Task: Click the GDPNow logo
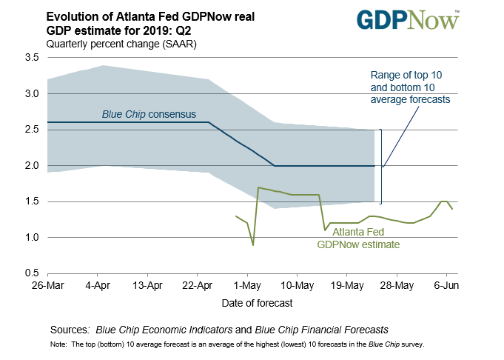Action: click(x=408, y=21)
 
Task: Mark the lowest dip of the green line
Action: click(x=253, y=244)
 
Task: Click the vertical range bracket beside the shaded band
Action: click(x=381, y=166)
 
